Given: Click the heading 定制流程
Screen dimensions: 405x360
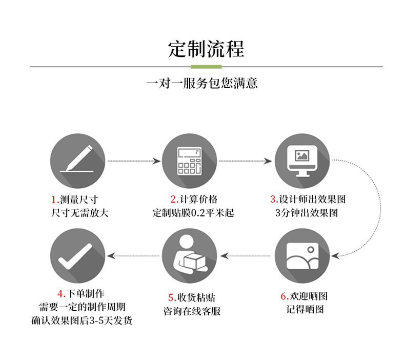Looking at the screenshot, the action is [206, 49].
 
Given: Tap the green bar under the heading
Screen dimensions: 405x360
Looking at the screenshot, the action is [206, 67].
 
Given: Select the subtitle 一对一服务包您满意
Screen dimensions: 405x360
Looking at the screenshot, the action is [202, 83].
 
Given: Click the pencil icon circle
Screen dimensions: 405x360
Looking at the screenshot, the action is [77, 161].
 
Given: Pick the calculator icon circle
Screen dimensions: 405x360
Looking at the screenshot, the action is [189, 161].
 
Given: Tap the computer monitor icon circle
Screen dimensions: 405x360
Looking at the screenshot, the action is [302, 161].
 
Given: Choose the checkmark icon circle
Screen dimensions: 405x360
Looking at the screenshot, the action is [77, 256].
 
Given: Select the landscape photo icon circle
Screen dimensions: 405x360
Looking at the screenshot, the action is [302, 256].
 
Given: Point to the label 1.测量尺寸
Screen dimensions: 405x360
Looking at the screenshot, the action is [74, 199].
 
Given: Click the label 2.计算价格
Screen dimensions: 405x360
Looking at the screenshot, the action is [194, 199].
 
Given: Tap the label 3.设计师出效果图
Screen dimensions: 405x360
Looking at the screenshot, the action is [308, 199].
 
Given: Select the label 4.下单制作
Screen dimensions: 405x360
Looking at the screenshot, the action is [81, 293].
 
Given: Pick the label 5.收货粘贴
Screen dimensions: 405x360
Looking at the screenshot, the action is [192, 297].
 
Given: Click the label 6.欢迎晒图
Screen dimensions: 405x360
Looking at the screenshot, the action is [304, 296].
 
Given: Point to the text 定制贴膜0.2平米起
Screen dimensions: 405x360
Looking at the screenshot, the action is [193, 213].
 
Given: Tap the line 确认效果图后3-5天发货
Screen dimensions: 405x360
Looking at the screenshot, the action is [82, 321].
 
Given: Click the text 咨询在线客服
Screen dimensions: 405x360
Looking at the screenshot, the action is [192, 311].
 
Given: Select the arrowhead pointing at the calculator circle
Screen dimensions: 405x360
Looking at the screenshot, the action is [156, 161].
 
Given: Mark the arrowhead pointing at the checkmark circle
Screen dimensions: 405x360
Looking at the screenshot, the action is [111, 256].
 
